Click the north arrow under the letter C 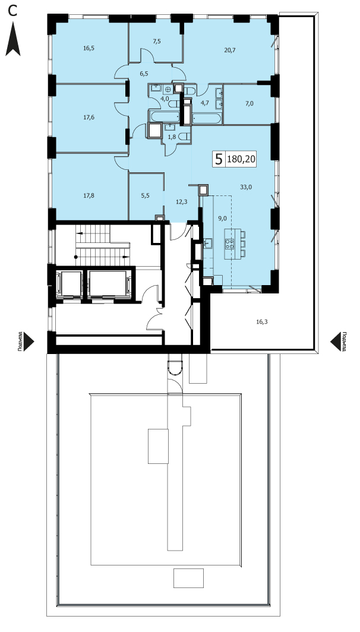coord(13,39)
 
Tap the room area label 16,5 coord(89,48)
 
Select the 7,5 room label coord(157,40)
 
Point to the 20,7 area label coord(230,50)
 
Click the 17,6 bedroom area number coord(89,118)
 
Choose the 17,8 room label coord(89,196)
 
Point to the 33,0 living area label coord(246,187)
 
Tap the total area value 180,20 coord(241,160)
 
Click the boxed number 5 coord(219,159)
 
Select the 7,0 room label coord(250,103)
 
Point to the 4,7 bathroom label coord(205,102)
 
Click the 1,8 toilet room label coord(171,137)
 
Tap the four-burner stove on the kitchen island coord(230,244)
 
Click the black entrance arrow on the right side coord(336,342)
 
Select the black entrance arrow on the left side coord(29,342)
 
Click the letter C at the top coord(13,11)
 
